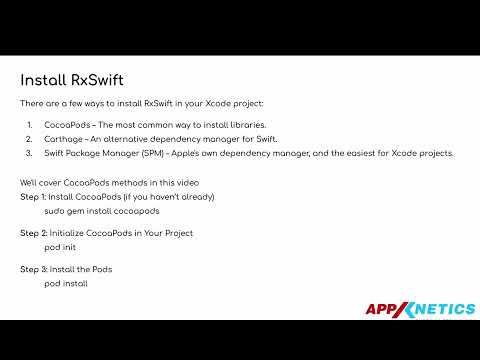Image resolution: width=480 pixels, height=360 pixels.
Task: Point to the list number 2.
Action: tap(29, 138)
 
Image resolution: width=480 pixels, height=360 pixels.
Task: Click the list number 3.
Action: tap(29, 153)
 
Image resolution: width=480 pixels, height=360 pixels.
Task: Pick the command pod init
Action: tap(61, 248)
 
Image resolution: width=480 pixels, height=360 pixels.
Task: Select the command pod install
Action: tap(66, 284)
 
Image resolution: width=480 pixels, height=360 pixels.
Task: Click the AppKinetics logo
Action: tap(420, 310)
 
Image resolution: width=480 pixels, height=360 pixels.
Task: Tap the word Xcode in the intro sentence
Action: tap(219, 103)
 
